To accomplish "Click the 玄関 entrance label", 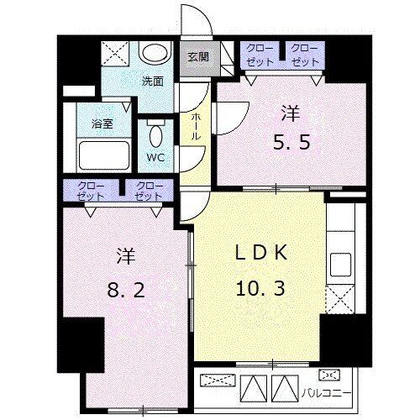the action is (x=198, y=57).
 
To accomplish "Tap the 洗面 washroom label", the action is (x=153, y=81).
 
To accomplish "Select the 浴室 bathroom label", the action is (x=102, y=123).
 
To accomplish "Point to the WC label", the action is (x=156, y=158).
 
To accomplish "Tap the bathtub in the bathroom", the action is (x=104, y=155).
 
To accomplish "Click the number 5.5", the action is (x=291, y=143).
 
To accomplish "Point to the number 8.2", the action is (x=126, y=290).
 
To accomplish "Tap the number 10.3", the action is (x=260, y=288).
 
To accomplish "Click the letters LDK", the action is (x=261, y=253).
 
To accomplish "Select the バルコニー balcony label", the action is (x=326, y=393).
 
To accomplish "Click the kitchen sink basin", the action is (x=340, y=265).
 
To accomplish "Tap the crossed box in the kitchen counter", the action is (x=340, y=299).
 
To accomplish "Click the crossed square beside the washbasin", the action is (x=115, y=54).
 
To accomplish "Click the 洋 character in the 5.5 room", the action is (x=291, y=113).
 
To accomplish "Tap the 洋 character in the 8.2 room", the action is (x=126, y=255).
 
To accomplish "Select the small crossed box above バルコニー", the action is (x=329, y=375).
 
